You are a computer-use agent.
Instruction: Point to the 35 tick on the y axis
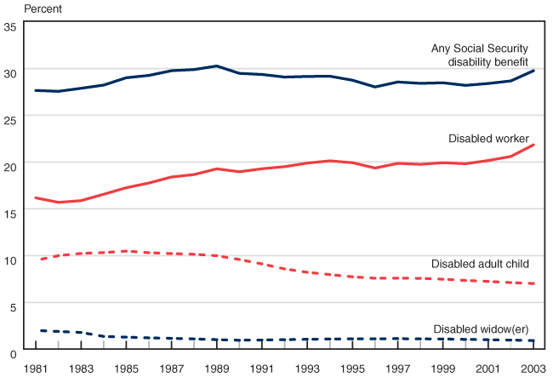pyautogui.click(x=10, y=27)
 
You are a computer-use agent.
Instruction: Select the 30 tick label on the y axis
pyautogui.click(x=10, y=73)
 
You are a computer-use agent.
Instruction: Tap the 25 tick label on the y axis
pyautogui.click(x=10, y=120)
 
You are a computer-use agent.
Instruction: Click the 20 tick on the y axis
pyautogui.click(x=10, y=166)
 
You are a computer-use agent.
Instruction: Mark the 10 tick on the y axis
pyautogui.click(x=10, y=259)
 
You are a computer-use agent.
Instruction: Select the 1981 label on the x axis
pyautogui.click(x=36, y=368)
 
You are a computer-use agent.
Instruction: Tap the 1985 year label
pyautogui.click(x=127, y=368)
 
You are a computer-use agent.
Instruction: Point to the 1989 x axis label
pyautogui.click(x=218, y=368)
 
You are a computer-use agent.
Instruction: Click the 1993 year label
pyautogui.click(x=308, y=368)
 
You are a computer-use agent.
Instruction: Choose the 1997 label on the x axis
pyautogui.click(x=399, y=368)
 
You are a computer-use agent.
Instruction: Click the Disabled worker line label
pyautogui.click(x=488, y=139)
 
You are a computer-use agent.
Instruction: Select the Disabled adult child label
pyautogui.click(x=481, y=264)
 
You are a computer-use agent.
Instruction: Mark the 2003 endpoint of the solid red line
pyautogui.click(x=534, y=145)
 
